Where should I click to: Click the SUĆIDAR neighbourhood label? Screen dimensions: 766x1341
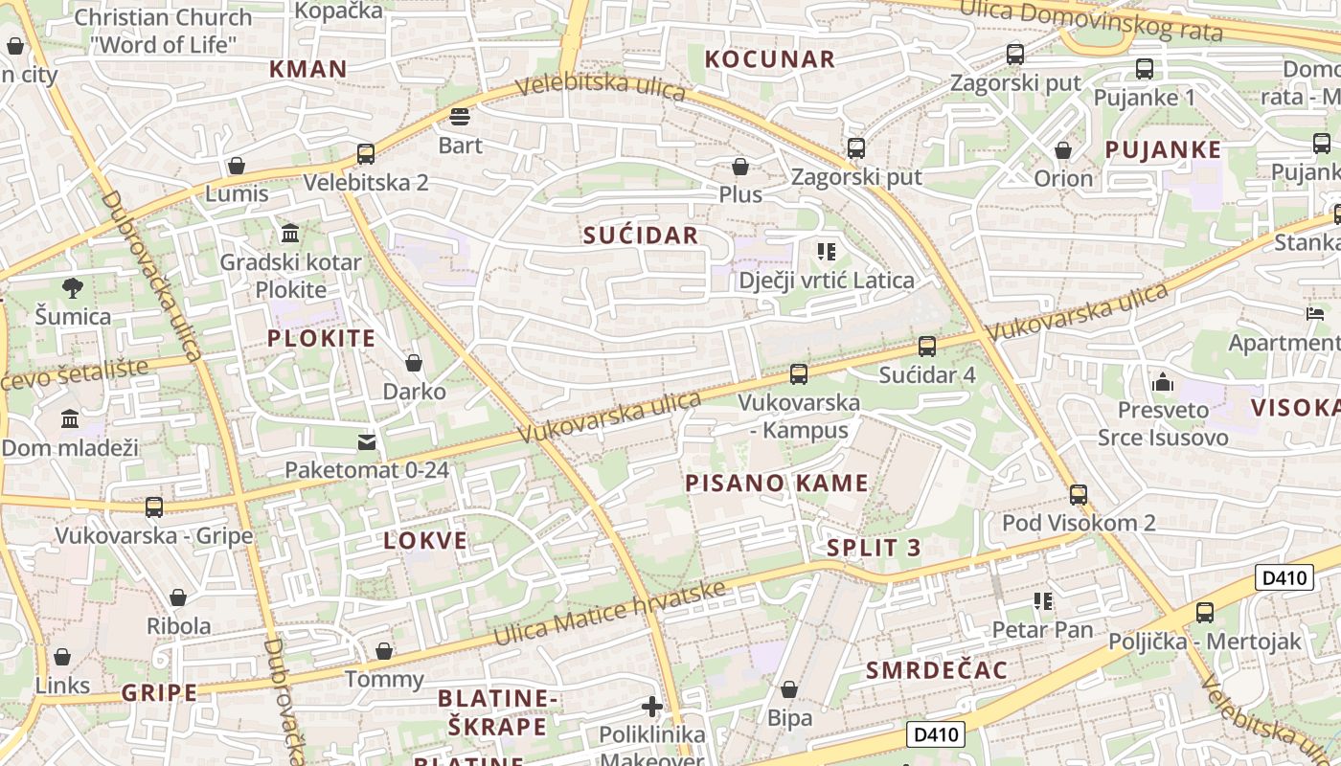click(x=641, y=236)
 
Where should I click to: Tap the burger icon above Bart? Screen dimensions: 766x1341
click(x=460, y=117)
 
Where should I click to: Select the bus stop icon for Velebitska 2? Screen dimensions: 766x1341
click(x=365, y=153)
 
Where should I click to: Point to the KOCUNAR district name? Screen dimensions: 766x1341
click(x=770, y=59)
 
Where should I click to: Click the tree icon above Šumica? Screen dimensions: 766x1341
click(x=72, y=287)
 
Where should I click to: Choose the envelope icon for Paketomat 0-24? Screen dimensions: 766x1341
click(x=367, y=441)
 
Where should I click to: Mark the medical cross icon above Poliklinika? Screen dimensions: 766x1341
click(x=652, y=708)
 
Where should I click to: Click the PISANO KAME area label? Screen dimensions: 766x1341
click(x=777, y=484)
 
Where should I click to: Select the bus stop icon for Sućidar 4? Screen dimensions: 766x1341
click(x=926, y=347)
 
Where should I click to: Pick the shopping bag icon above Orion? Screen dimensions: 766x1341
click(x=1062, y=150)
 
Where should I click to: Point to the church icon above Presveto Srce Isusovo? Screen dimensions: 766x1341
click(x=1163, y=382)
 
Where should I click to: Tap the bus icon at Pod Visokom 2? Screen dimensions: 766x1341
click(x=1079, y=494)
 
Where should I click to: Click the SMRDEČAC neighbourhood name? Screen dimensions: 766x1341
click(x=937, y=670)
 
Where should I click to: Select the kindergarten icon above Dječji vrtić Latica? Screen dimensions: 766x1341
click(x=826, y=252)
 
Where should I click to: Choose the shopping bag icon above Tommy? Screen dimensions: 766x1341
click(x=384, y=651)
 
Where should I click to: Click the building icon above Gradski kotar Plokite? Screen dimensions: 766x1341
click(x=290, y=233)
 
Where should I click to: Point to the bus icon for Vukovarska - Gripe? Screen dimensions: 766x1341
click(x=153, y=507)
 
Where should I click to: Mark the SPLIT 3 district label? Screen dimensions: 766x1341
click(x=874, y=548)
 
